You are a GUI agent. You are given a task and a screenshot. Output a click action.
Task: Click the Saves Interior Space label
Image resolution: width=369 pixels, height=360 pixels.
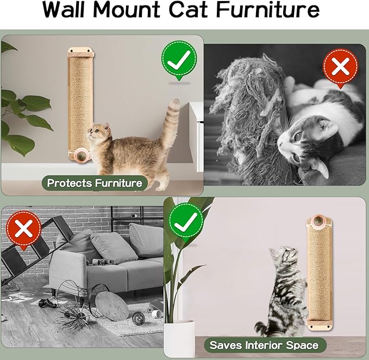pyautogui.click(x=264, y=344)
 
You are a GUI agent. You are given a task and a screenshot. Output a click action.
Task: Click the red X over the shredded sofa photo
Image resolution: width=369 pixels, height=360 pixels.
pyautogui.click(x=340, y=67)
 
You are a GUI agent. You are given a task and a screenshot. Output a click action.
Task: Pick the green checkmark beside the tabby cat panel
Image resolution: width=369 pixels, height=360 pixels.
pyautogui.click(x=185, y=223)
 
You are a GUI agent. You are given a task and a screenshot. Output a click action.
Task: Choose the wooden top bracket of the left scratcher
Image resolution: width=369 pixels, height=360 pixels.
pyautogui.click(x=79, y=53)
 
